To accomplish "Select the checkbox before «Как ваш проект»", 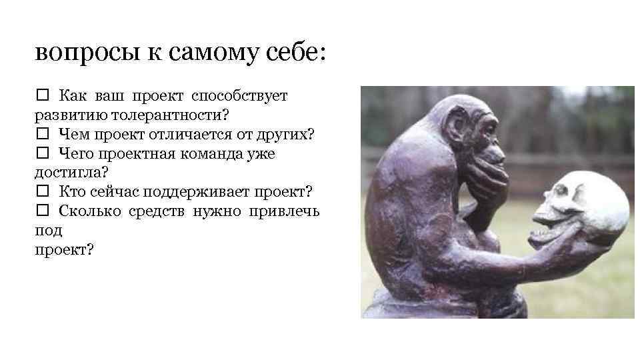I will point(41,96).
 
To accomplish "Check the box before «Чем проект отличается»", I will point(41,135).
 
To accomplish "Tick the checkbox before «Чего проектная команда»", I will point(41,154).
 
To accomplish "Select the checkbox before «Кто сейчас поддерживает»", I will point(41,193).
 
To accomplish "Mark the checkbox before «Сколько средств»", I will point(41,212).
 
